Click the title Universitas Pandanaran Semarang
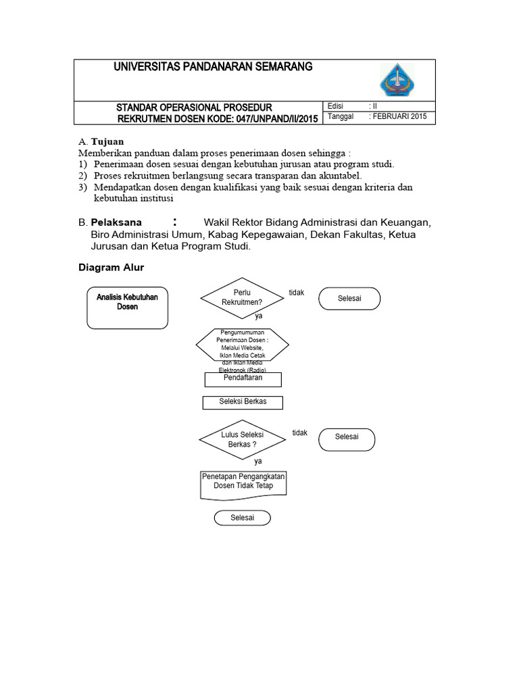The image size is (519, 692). coord(213,67)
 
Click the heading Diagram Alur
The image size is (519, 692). coord(112,268)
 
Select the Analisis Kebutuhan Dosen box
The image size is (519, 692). coord(127,308)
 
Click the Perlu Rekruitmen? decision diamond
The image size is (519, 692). coord(242,297)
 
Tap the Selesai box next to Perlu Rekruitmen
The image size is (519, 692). coord(349,298)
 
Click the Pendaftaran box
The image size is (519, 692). coord(243,379)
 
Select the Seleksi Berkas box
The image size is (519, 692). coord(243,402)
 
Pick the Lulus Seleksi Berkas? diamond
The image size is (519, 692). coord(242,439)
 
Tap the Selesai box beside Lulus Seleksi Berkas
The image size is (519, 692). coord(347,439)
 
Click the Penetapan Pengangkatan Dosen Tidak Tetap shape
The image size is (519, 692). coord(243,484)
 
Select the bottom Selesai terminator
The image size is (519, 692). coord(242,518)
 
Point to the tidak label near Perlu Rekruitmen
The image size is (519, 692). coord(297,293)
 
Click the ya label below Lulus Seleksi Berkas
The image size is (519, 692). coord(257,462)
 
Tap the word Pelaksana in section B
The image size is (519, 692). coord(116,222)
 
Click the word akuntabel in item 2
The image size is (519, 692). coord(337,176)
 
